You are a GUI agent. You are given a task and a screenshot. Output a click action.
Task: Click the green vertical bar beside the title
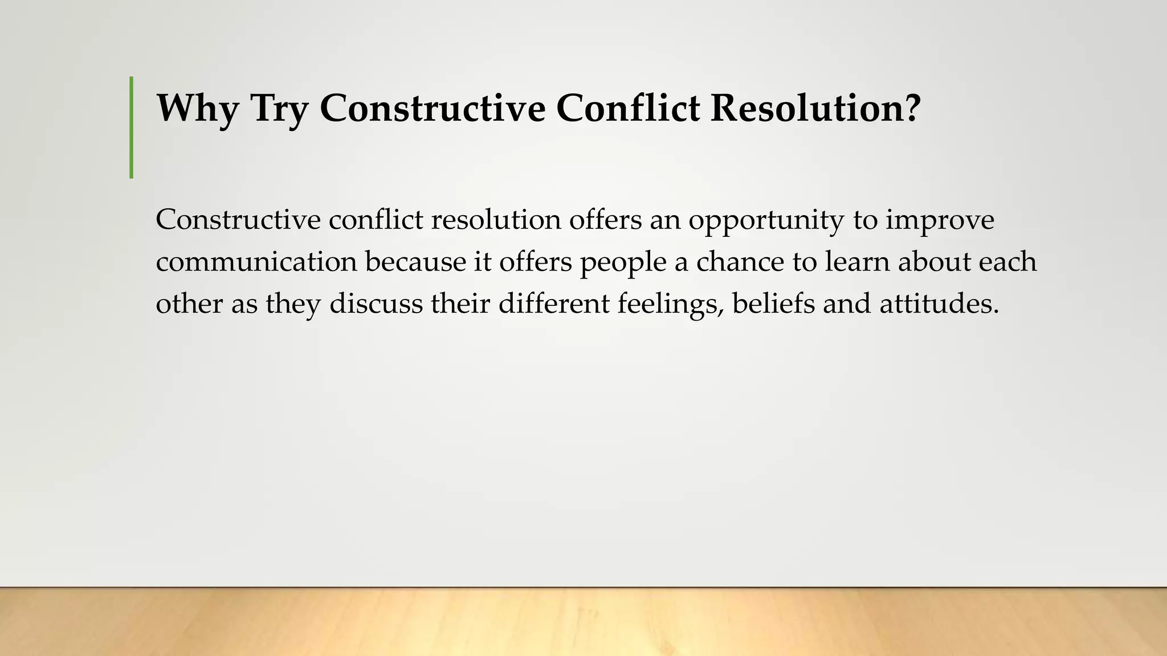[132, 127]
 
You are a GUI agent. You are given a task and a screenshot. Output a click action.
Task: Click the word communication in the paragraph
[256, 262]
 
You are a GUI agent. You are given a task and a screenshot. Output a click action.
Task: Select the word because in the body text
[415, 262]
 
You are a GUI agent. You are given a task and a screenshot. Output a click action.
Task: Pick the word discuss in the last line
[376, 304]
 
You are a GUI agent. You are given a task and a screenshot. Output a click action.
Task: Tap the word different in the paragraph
[554, 304]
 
